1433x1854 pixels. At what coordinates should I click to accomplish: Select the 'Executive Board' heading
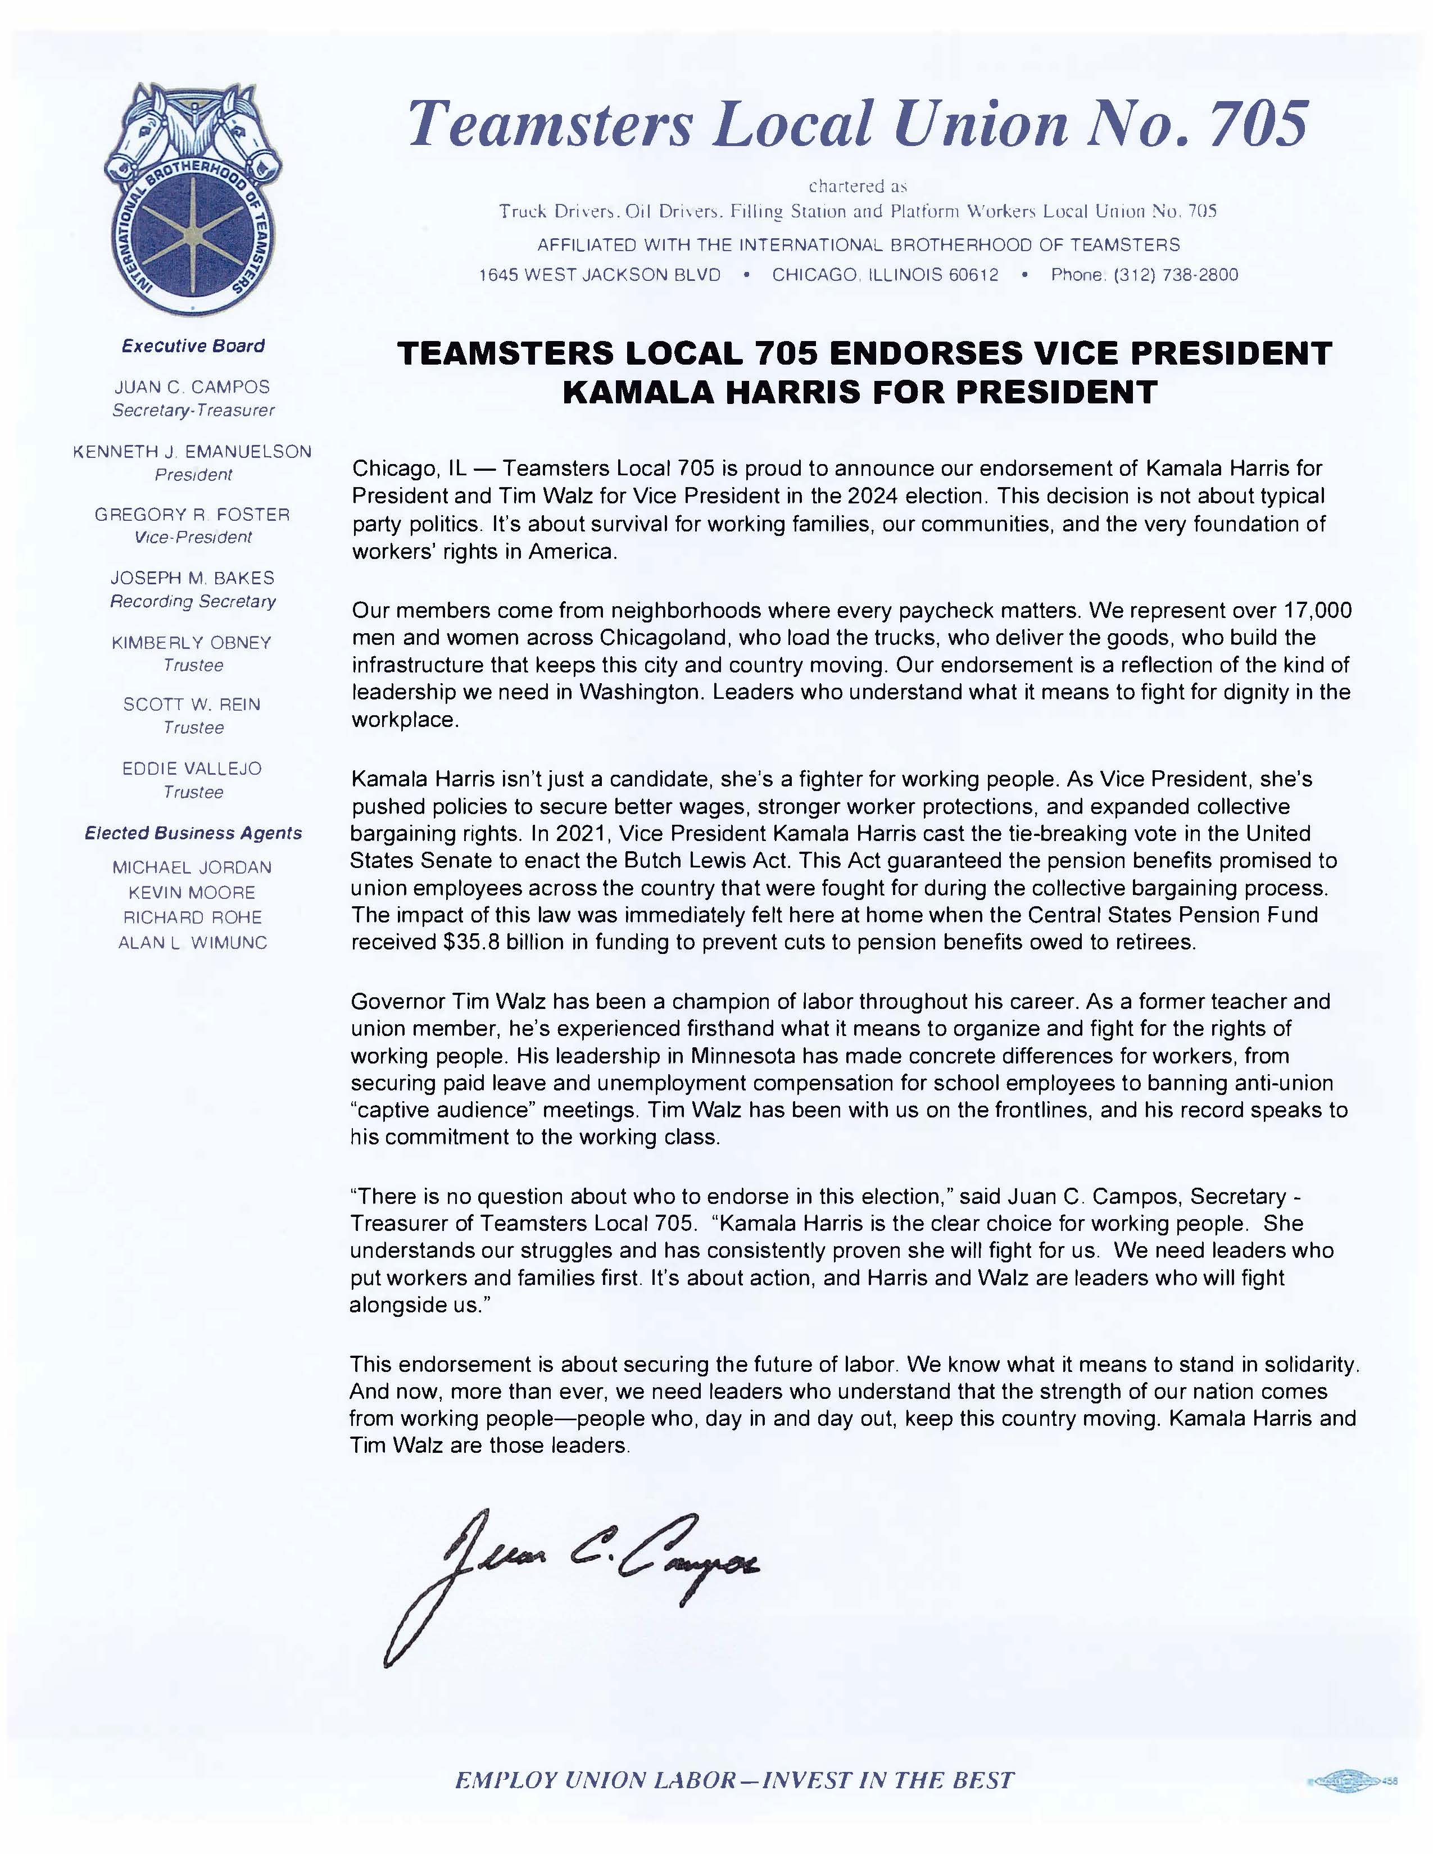pos(193,346)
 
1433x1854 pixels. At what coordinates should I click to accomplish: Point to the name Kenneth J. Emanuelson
pos(193,452)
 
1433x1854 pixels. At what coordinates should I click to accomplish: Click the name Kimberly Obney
pos(192,643)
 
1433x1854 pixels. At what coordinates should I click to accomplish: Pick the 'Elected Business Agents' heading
pos(193,834)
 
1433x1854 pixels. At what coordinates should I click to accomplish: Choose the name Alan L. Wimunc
pos(193,942)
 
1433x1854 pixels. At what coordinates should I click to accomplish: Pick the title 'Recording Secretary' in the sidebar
pos(193,601)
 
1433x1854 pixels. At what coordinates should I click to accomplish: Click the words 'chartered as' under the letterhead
pos(858,186)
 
